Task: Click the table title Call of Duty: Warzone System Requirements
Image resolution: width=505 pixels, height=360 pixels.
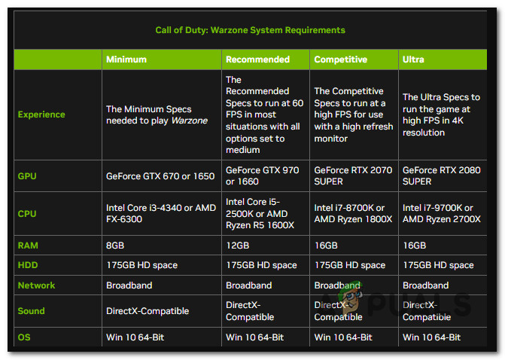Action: [x=250, y=30]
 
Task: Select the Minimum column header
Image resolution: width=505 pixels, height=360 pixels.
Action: [x=126, y=59]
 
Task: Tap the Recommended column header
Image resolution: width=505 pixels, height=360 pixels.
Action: [x=257, y=59]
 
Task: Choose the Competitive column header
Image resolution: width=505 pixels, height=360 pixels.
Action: [x=339, y=59]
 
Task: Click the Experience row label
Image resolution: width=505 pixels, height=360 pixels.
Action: [x=41, y=114]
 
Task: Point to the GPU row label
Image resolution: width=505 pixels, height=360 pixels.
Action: [x=27, y=176]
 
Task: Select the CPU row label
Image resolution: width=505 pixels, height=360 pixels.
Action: [x=27, y=214]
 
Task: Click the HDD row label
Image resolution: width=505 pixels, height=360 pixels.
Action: [x=28, y=265]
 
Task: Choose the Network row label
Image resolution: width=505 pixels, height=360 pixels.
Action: [x=35, y=285]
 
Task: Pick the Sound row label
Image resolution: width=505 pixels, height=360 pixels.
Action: [x=31, y=311]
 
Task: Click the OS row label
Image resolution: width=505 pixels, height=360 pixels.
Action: [x=24, y=337]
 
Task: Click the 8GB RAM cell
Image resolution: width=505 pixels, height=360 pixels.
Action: [x=116, y=246]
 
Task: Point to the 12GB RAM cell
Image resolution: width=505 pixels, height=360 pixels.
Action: [x=238, y=246]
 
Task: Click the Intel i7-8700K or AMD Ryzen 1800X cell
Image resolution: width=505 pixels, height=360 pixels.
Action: [x=352, y=214]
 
